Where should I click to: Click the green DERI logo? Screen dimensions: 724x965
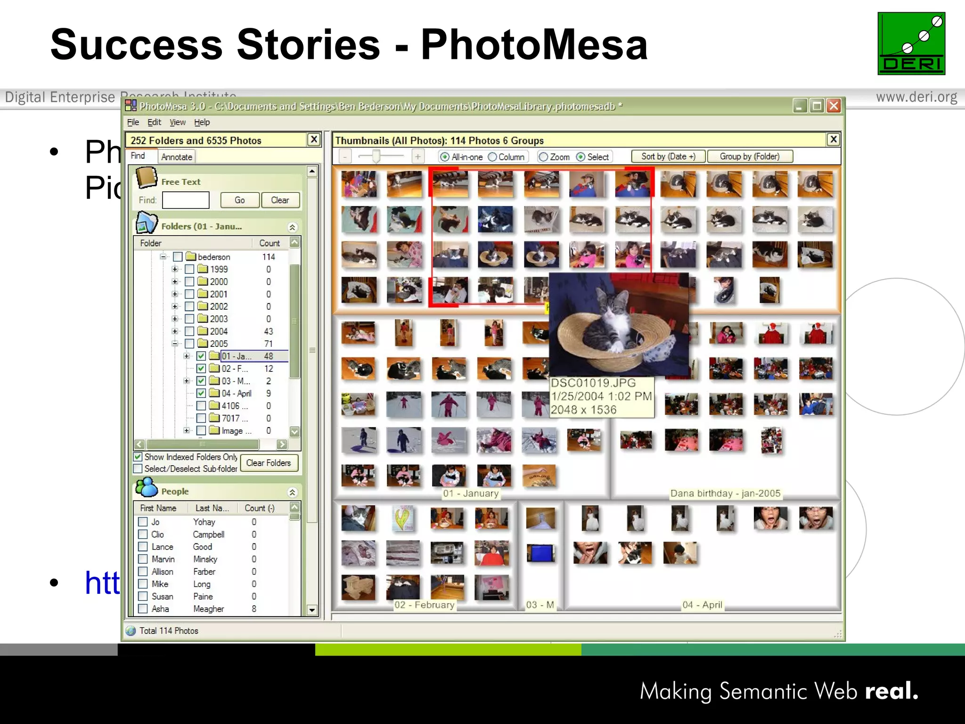(911, 43)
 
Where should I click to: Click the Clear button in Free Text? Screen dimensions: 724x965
(280, 200)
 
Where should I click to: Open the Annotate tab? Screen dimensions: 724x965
(177, 157)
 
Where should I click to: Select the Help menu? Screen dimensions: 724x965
(202, 123)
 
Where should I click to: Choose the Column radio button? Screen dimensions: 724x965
(492, 157)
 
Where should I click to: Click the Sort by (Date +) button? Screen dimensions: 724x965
(668, 156)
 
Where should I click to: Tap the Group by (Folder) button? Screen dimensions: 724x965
(749, 156)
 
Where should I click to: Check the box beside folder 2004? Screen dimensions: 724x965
(189, 331)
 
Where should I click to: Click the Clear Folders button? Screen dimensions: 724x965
(269, 463)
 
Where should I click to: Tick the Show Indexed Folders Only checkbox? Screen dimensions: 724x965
(138, 457)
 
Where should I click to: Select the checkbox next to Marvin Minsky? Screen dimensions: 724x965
(143, 559)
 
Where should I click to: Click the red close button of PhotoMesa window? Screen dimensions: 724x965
(834, 106)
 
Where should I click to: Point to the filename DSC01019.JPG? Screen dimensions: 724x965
(593, 383)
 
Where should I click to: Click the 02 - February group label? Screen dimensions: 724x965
(424, 605)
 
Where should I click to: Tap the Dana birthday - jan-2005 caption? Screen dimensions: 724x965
(725, 494)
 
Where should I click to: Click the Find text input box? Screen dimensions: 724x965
(186, 200)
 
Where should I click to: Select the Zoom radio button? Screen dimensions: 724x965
(543, 157)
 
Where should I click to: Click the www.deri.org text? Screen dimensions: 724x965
(916, 97)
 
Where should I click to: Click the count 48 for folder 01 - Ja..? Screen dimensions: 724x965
(269, 356)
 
